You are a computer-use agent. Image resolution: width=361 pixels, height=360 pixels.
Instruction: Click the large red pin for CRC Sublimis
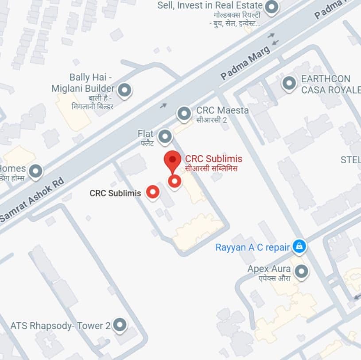172,160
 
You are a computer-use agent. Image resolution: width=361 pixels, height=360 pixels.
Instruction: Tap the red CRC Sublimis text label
213,159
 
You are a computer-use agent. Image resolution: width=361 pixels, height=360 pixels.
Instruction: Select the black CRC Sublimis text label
115,193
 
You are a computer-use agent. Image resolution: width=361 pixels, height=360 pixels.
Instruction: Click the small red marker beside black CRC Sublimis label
153,192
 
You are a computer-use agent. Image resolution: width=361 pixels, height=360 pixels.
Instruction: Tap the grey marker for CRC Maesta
184,114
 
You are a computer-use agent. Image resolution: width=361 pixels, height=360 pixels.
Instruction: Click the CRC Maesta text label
222,110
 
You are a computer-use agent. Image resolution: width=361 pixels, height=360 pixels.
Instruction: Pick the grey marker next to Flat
165,137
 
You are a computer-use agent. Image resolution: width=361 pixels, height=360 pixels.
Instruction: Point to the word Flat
145,133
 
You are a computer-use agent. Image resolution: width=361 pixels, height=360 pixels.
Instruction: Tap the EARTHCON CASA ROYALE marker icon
289,83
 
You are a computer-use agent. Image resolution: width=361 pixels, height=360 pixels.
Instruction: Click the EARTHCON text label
326,79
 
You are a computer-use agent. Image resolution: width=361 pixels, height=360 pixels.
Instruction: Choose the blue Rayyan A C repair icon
299,247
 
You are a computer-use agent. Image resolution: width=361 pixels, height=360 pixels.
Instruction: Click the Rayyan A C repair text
252,247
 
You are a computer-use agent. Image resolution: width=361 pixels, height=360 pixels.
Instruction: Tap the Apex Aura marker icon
302,270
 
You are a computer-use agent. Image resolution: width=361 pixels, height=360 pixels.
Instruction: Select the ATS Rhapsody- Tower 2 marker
120,325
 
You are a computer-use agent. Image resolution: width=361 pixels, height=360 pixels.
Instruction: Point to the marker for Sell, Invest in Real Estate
271,7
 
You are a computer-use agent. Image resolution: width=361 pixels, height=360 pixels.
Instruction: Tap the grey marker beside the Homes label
35,171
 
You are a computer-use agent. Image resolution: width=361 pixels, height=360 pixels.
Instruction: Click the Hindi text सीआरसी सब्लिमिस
212,168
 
